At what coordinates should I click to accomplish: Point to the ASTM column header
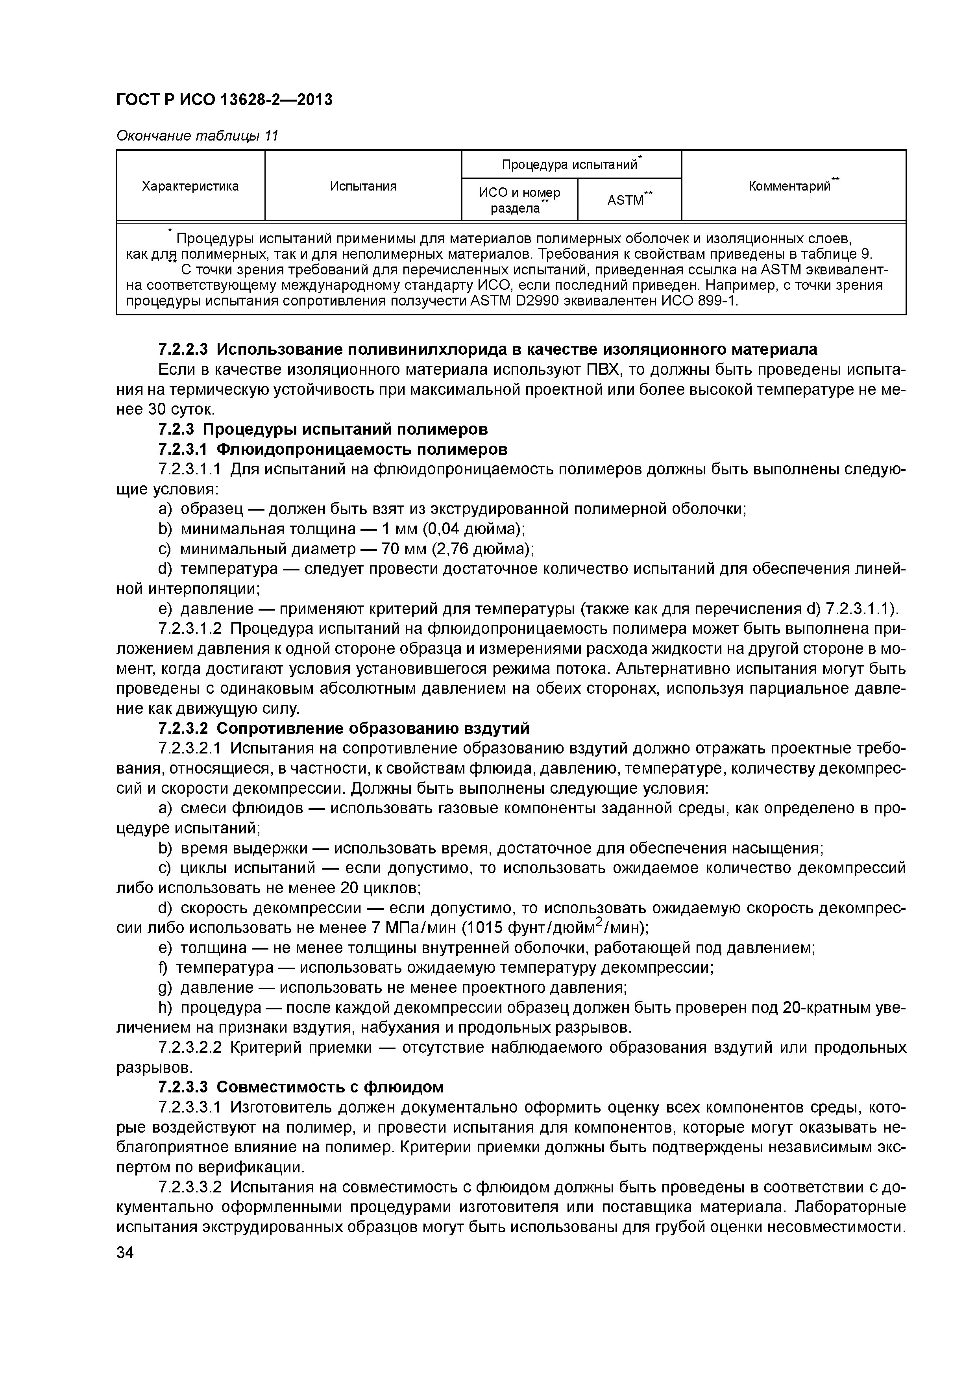click(629, 200)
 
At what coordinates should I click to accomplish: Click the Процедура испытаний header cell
click(571, 164)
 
